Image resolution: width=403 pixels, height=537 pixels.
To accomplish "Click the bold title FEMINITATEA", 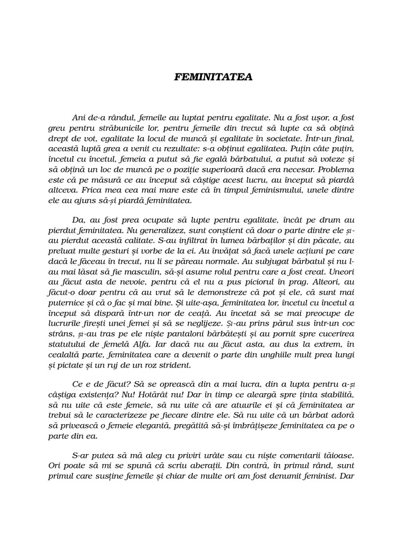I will [213, 77].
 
